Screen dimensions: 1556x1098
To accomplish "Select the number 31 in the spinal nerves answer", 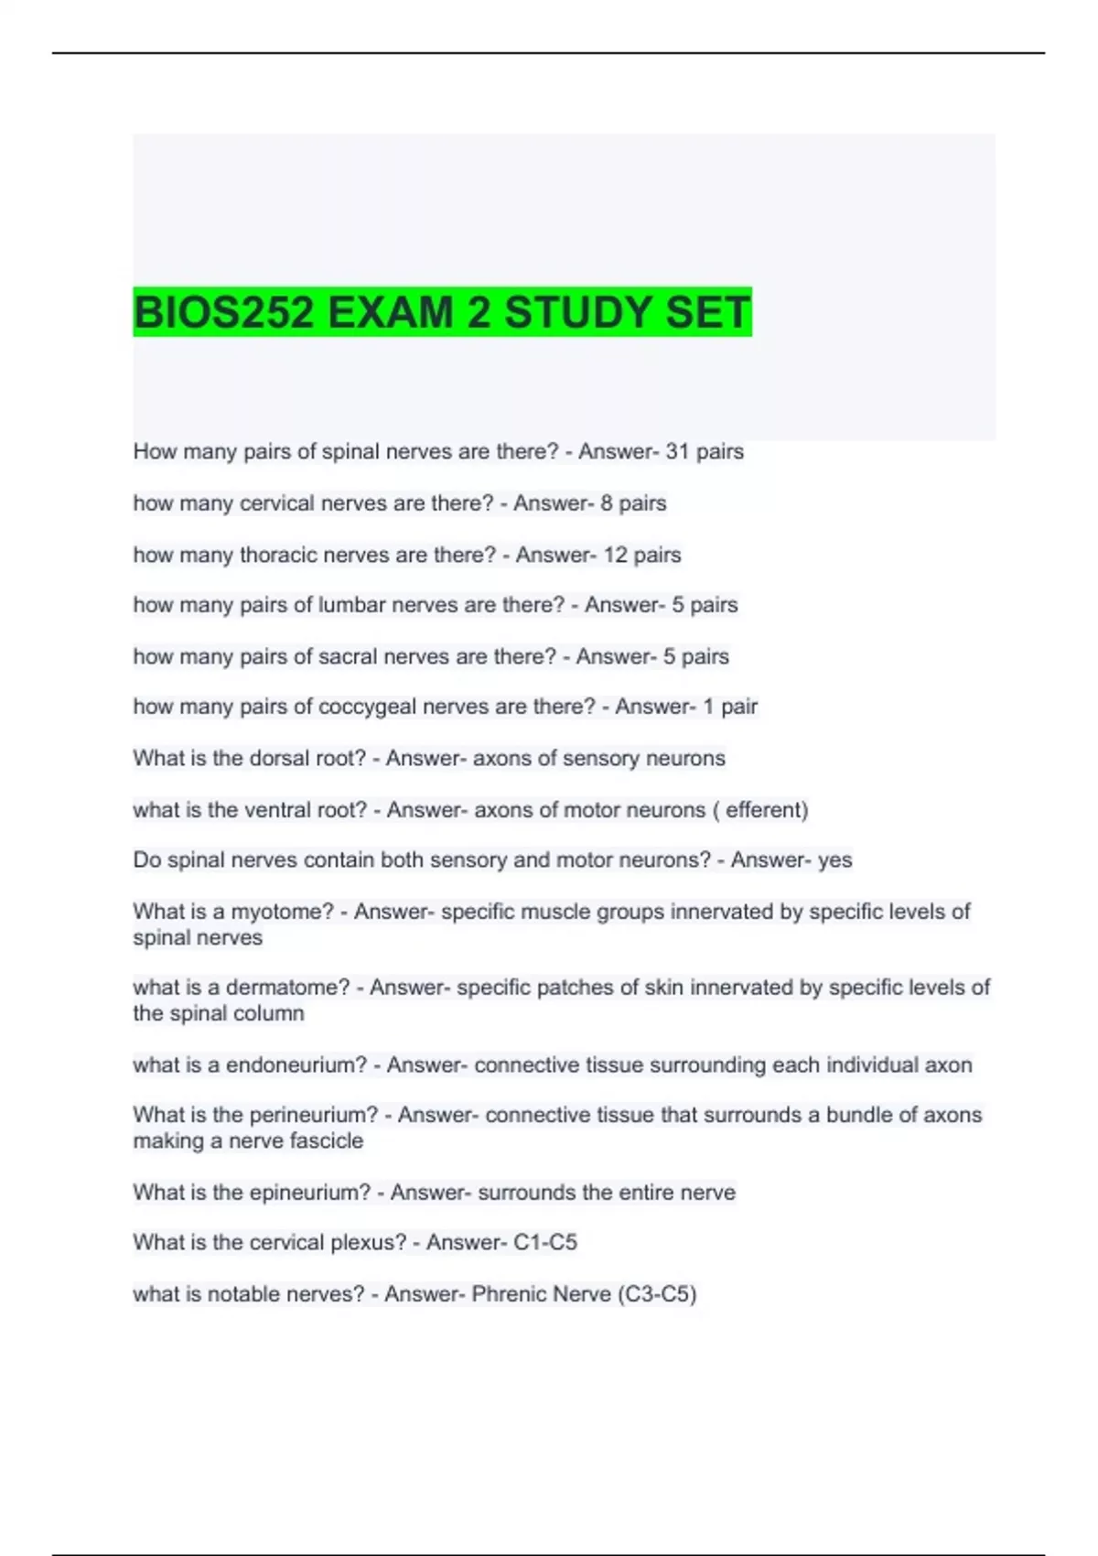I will coord(677,451).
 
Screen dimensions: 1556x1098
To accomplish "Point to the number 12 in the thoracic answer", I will coord(615,555).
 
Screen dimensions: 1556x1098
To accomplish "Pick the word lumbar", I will coord(350,605).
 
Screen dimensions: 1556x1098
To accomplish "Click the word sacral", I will coord(346,656).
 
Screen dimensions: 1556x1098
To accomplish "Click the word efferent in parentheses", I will coord(763,810).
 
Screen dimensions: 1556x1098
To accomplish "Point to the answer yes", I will coord(834,860).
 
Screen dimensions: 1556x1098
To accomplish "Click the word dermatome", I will coord(287,988).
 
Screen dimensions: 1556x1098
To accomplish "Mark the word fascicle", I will coord(326,1141).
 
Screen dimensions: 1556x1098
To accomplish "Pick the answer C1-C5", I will coord(545,1243).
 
